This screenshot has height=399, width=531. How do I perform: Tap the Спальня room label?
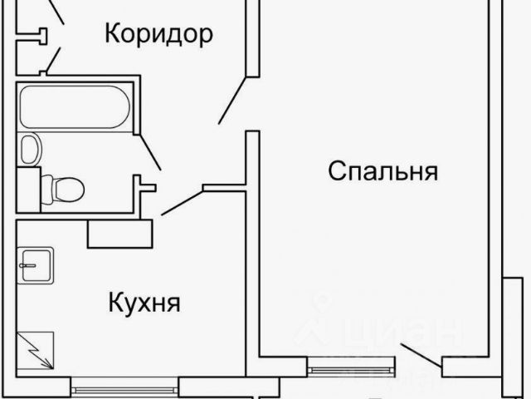382,172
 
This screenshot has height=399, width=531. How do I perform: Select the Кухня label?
144,301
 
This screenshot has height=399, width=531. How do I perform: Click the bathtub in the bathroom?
74,108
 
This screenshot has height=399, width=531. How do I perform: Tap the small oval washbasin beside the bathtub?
30,150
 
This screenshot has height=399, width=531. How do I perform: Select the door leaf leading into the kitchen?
182,202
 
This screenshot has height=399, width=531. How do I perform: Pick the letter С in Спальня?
337,172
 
